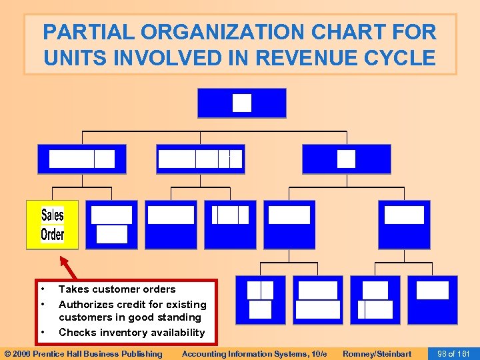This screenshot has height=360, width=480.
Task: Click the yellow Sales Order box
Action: click(52, 225)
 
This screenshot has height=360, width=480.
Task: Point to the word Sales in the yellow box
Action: click(53, 215)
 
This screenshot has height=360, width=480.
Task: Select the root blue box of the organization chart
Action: click(241, 103)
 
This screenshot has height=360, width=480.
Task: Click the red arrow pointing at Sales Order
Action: click(68, 267)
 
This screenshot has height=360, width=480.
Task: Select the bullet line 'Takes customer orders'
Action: click(117, 289)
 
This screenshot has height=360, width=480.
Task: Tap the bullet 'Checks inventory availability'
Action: click(131, 332)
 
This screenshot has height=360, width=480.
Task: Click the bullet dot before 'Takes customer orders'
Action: click(43, 289)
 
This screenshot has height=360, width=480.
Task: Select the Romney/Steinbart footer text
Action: click(377, 353)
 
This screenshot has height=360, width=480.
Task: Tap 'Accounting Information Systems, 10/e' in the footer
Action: click(254, 353)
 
